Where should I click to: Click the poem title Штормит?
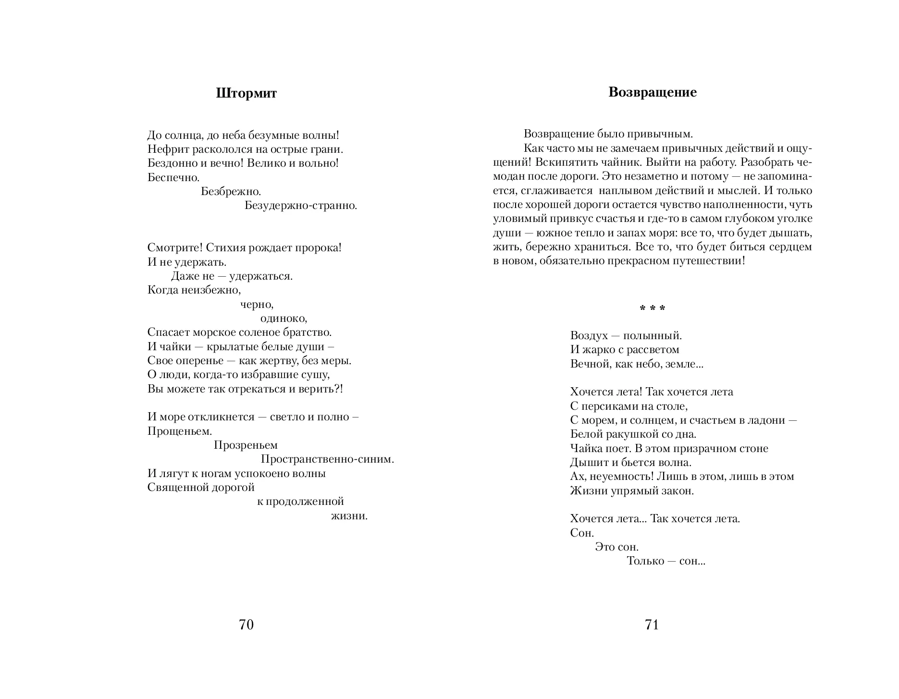tap(246, 93)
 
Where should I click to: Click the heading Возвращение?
tap(652, 92)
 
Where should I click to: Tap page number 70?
tap(246, 625)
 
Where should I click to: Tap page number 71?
tap(652, 625)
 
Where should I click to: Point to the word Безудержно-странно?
tap(301, 206)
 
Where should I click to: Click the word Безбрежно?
tap(231, 191)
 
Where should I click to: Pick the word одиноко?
tap(283, 318)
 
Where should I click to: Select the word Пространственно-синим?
tap(328, 459)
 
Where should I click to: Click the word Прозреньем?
tap(246, 445)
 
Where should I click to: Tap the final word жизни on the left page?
tap(349, 516)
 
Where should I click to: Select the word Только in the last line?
tap(645, 561)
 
